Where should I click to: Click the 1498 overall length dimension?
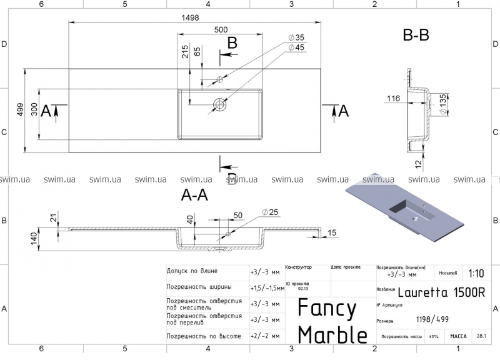point(190,17)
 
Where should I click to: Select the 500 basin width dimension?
point(221,29)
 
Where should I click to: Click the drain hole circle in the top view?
point(220,104)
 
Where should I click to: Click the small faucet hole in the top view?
point(219,79)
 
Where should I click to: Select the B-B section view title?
point(416,35)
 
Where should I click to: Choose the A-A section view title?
point(194,195)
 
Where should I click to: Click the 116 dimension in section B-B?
point(393,99)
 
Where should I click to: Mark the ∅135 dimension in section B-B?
point(443,104)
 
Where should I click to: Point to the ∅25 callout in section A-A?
point(269,212)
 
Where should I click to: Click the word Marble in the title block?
point(332,335)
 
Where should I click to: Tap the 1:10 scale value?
point(474,273)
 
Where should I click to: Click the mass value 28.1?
point(482,336)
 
